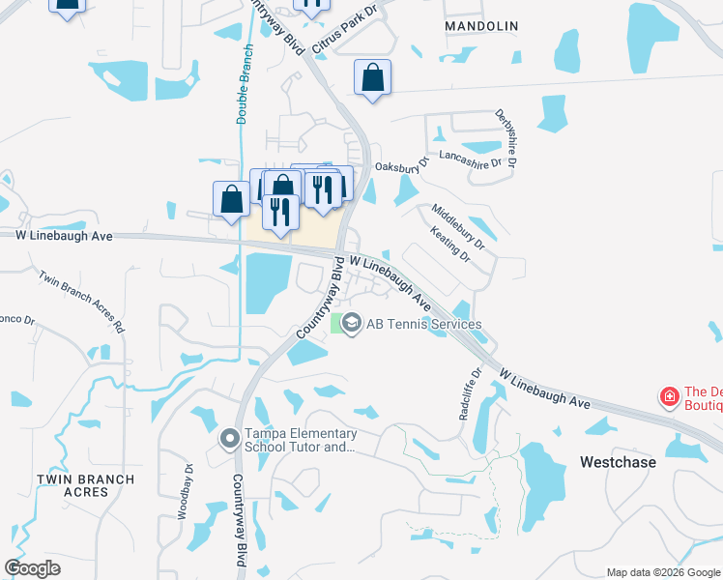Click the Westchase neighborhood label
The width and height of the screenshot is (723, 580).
tap(618, 462)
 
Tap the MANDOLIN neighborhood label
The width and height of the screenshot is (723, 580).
tap(475, 27)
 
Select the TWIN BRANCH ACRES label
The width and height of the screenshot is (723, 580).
tap(72, 485)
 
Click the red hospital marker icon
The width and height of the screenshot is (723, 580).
tap(668, 397)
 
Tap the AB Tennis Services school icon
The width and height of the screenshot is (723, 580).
tap(352, 324)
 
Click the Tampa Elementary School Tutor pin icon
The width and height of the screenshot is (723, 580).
tap(229, 441)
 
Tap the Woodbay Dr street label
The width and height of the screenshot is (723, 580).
tap(185, 492)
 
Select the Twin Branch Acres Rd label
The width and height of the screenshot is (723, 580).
tap(82, 302)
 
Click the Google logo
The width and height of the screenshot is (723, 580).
tap(32, 567)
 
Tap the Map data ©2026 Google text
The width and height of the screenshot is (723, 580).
tap(663, 572)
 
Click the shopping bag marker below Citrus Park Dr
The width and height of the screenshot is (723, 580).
tap(372, 78)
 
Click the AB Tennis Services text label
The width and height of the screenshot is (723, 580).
tap(423, 325)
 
